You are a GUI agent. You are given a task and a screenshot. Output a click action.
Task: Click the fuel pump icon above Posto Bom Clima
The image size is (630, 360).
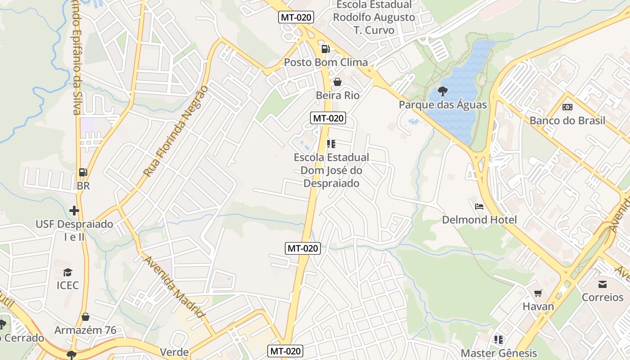[x=325, y=49]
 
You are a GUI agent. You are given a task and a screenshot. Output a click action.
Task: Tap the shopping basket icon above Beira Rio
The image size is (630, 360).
[x=337, y=82]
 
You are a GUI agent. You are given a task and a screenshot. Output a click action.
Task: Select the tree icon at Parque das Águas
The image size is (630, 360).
[x=443, y=91]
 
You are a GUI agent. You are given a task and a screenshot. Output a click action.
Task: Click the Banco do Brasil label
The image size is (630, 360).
[x=567, y=121]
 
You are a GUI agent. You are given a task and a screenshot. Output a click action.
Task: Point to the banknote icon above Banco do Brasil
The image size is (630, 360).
[x=567, y=107]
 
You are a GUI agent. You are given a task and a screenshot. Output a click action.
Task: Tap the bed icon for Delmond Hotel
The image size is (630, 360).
[x=479, y=207]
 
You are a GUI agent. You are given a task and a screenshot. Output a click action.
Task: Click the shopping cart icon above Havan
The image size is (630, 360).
[x=538, y=293]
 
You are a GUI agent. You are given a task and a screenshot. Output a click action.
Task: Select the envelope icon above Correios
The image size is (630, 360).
[x=603, y=284]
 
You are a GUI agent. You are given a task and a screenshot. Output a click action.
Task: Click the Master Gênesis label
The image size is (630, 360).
[x=499, y=353]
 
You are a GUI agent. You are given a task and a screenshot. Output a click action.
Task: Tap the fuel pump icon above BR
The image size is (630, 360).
[x=83, y=172]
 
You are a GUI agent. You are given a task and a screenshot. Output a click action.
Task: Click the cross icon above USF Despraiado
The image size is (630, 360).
[x=74, y=210]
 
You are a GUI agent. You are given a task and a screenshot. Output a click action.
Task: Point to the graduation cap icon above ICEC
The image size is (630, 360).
[x=67, y=272]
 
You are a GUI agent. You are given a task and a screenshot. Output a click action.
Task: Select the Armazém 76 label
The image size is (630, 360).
[x=85, y=330]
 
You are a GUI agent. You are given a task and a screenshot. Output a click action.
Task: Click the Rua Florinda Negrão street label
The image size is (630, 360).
[x=176, y=131]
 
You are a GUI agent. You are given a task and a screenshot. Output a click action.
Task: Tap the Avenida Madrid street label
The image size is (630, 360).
[x=175, y=287]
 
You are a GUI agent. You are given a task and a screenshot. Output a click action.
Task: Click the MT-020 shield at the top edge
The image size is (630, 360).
[x=296, y=18]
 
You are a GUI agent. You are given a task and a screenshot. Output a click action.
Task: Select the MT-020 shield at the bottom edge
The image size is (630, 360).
[x=285, y=351]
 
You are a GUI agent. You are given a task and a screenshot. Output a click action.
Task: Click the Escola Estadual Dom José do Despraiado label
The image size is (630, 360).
[x=331, y=170]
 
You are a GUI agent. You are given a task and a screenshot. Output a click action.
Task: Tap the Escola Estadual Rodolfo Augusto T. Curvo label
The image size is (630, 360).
[x=374, y=17]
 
